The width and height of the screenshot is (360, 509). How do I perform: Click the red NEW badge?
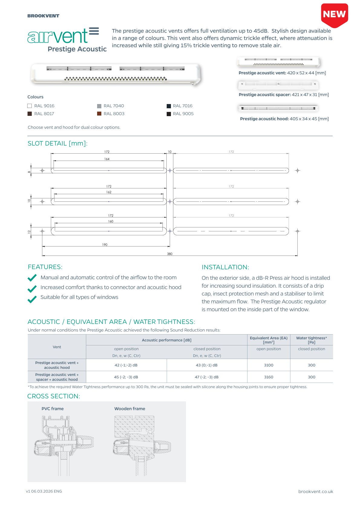pos(334,15)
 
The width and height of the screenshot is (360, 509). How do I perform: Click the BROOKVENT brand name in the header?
pos(43,16)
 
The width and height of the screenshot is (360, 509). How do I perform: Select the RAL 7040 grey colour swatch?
pos(99,106)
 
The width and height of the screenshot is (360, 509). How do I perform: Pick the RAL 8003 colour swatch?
pos(99,114)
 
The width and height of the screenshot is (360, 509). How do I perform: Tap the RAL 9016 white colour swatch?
pos(30,106)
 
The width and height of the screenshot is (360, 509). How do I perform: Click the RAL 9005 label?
pos(183,114)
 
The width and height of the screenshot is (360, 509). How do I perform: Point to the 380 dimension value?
pos(170,254)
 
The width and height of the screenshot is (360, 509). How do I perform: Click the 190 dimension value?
pos(105,245)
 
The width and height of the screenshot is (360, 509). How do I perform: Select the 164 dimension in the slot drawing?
pos(107,159)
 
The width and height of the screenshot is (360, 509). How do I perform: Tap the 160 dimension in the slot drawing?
pos(111,221)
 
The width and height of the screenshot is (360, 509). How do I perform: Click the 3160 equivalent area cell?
pos(269,377)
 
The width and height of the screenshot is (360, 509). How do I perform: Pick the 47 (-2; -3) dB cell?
pos(207,377)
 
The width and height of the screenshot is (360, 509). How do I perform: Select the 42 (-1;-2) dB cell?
pos(126,365)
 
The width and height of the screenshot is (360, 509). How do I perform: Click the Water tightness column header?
pos(311,340)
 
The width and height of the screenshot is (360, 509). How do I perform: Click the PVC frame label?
pos(53,409)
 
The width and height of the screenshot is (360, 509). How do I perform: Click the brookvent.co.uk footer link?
pos(316,491)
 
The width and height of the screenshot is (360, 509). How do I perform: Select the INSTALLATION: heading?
pos(225,267)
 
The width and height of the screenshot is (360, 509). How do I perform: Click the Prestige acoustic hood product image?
pos(278,108)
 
